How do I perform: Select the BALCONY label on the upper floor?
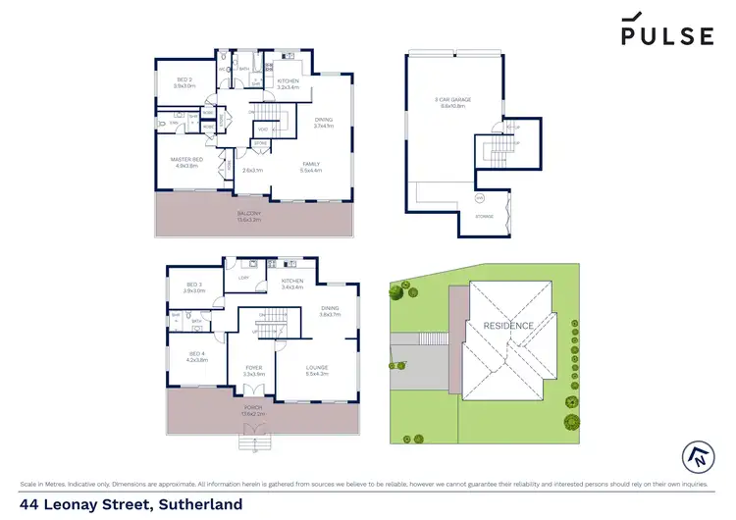pos(248,213)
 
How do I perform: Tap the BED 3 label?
pos(193,285)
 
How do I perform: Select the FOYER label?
pos(253,369)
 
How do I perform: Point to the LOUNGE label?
pos(316,369)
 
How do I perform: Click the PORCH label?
pos(254,410)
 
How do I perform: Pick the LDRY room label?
pos(242,278)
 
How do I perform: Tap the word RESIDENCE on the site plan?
pos(508,326)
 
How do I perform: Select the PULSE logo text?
pos(666,36)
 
